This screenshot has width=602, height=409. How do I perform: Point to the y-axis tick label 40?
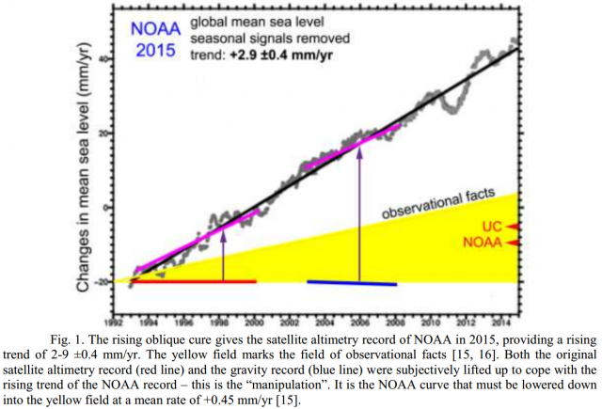[103, 57]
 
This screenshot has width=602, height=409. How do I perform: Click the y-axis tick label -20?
[100, 281]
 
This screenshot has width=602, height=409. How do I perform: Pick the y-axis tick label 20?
[103, 133]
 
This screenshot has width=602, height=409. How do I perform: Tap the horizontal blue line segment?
[352, 282]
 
